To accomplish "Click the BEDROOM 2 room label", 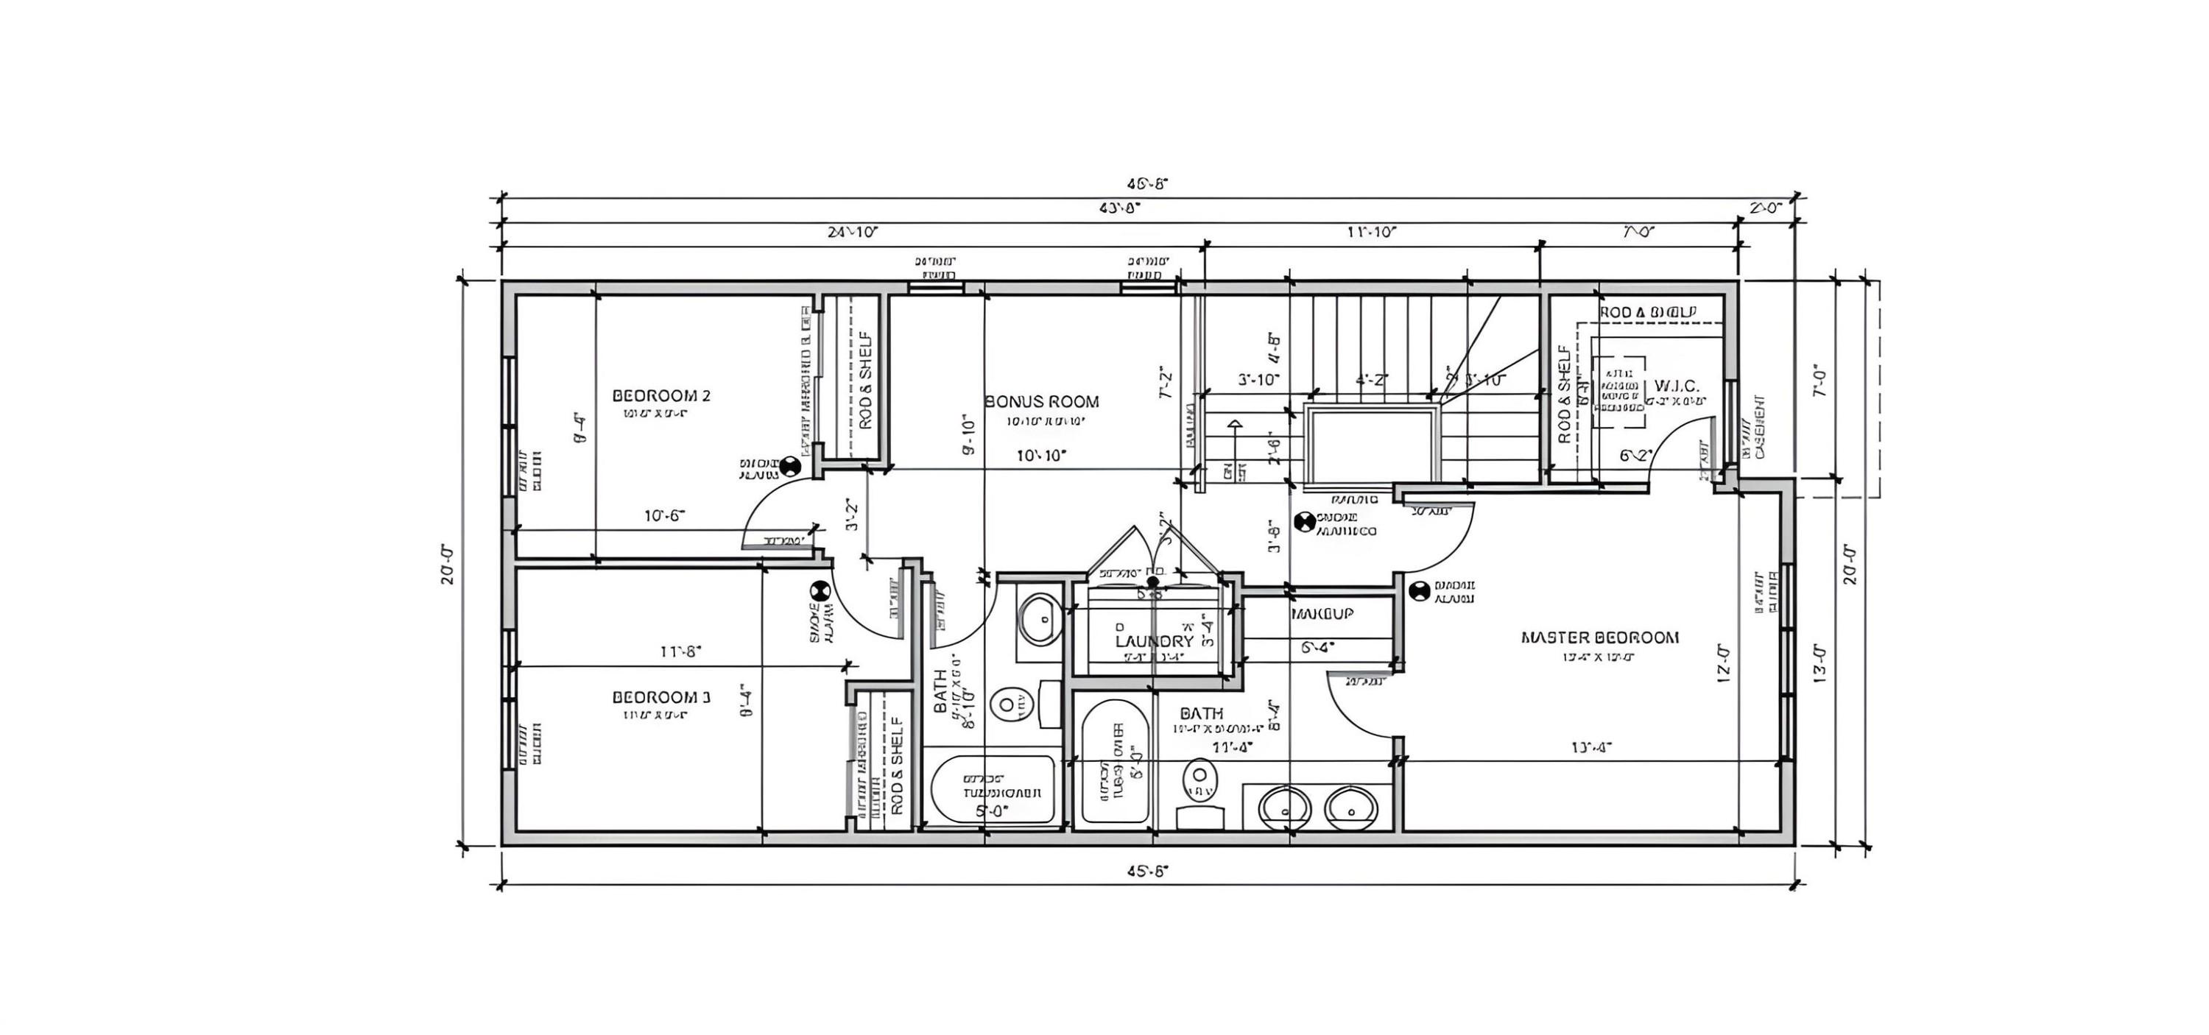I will (x=661, y=395).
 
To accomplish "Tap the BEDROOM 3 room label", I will (x=661, y=697).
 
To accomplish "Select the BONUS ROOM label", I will (x=1042, y=401).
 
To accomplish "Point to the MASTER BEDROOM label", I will (x=1599, y=637).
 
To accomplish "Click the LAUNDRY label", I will (x=1155, y=641).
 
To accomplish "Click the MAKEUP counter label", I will (x=1322, y=614).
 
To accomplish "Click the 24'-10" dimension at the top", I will (x=853, y=232).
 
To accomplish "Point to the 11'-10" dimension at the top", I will (x=1371, y=232).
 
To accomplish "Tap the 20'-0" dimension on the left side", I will (x=448, y=563).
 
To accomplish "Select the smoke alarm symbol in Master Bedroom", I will (x=1418, y=590).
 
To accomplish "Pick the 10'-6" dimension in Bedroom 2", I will (x=665, y=515).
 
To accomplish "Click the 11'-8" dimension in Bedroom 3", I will (x=681, y=651).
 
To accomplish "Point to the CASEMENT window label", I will (x=1759, y=426).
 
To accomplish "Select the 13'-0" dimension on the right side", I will (x=1819, y=662).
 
